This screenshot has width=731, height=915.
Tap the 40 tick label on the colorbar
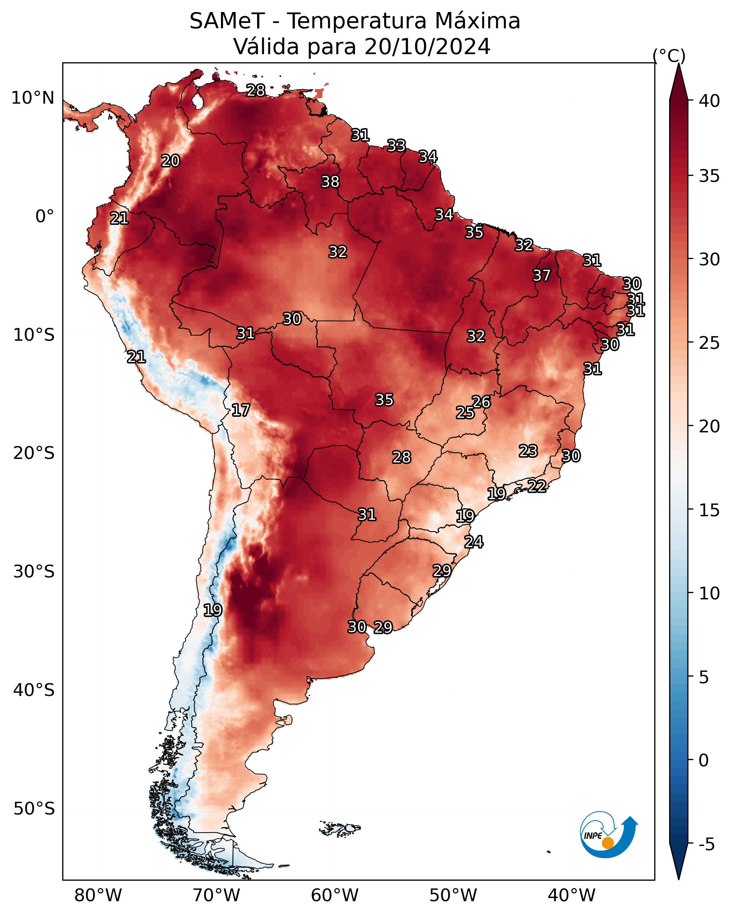pyautogui.click(x=709, y=101)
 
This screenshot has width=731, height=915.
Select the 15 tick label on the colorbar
pyautogui.click(x=709, y=510)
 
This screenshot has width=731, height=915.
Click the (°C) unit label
pyautogui.click(x=669, y=56)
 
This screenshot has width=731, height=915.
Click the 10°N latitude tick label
pyautogui.click(x=33, y=98)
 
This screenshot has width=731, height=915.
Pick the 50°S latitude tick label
pyautogui.click(x=34, y=809)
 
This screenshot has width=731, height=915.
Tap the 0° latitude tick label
pyautogui.click(x=45, y=217)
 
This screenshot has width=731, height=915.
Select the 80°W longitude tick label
pyautogui.click(x=98, y=895)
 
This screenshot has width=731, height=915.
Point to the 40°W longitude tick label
pyautogui.click(x=572, y=895)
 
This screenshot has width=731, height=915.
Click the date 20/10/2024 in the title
pyautogui.click(x=427, y=47)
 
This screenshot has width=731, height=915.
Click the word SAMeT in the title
pyautogui.click(x=227, y=21)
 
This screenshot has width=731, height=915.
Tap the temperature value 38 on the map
pyautogui.click(x=330, y=182)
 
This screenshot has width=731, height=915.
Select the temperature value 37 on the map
pyautogui.click(x=541, y=275)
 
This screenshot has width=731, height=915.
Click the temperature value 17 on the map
pyautogui.click(x=240, y=410)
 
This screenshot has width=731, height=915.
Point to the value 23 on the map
pyautogui.click(x=528, y=451)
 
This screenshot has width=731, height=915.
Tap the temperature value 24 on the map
pyautogui.click(x=474, y=542)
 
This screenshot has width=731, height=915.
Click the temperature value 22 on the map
pyautogui.click(x=537, y=486)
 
